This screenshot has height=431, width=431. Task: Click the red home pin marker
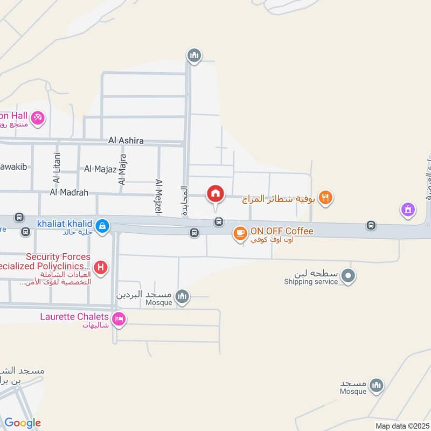coord(215,193)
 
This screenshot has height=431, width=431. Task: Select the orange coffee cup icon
coord(240,233)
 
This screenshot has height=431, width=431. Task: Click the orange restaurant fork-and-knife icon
coord(324,198)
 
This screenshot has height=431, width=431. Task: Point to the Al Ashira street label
coord(126,141)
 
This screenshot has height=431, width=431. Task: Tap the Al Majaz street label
coord(100,169)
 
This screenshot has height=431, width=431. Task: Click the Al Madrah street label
coord(68,192)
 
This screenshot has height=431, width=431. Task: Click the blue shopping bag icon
coord(102,226)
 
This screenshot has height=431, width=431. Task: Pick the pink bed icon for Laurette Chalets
coord(120,319)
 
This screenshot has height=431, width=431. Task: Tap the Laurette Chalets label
coord(74,316)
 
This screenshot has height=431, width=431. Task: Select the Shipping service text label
coord(311,282)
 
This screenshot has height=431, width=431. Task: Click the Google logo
coord(23,423)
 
